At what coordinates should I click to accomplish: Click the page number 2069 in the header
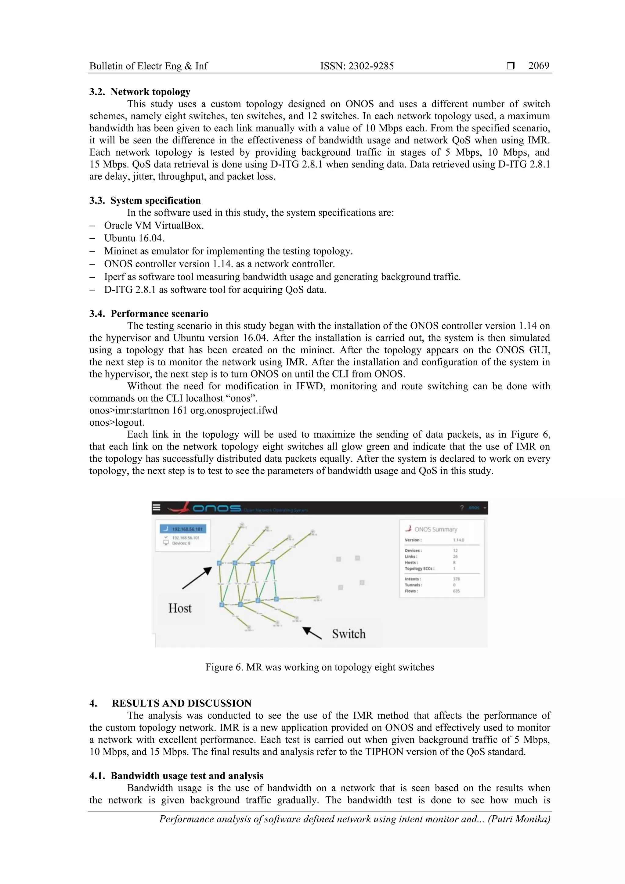click(538, 66)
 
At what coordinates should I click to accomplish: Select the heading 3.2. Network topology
click(140, 92)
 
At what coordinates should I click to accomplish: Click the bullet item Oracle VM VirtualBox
click(154, 226)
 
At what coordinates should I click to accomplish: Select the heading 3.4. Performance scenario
click(149, 313)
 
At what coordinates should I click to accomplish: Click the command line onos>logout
click(117, 422)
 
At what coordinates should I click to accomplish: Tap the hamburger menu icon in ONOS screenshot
click(156, 507)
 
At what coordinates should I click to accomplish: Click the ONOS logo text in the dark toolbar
click(216, 508)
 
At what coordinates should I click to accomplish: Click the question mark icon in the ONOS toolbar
click(462, 508)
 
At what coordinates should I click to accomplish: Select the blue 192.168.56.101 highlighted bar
click(183, 529)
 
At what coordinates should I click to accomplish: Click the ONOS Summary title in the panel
click(435, 529)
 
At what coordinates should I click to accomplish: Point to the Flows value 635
click(456, 591)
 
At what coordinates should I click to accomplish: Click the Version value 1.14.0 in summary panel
click(458, 540)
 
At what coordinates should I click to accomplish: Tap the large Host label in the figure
click(180, 608)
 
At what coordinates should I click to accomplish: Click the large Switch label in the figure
click(349, 634)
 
